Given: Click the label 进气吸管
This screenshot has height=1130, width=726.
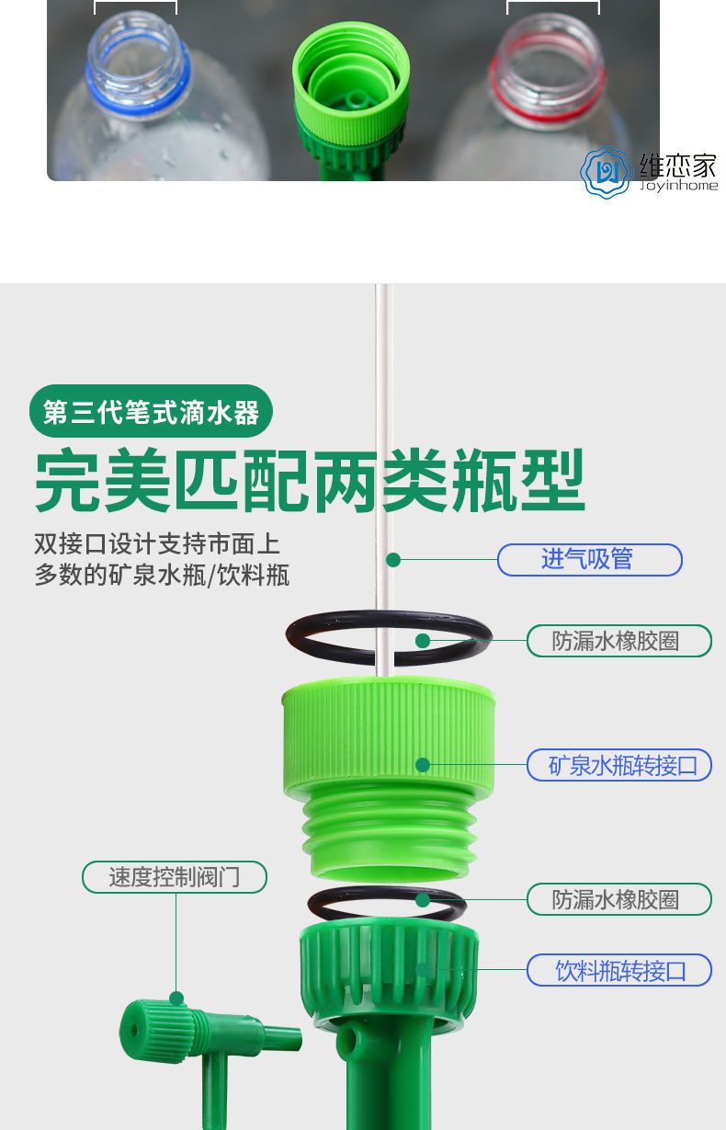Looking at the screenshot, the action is coord(589,559).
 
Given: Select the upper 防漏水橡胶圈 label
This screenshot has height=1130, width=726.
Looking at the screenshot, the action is coord(619,641).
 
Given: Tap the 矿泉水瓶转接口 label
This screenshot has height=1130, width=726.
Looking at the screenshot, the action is coord(619,765).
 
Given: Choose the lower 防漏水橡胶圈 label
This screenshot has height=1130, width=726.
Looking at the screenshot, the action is coord(619,899).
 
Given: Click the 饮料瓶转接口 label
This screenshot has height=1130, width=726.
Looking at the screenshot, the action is coord(619,970).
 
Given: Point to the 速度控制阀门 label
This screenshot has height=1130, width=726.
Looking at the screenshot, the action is coord(175,877).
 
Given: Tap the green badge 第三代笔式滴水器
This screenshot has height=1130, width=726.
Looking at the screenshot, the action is coord(151,411).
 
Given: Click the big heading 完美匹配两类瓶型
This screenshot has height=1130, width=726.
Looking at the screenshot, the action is coord(310,480).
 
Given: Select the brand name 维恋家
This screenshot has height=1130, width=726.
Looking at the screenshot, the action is coord(678,165).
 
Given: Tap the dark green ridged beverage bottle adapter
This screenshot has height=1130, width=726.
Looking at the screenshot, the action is coord(389,964).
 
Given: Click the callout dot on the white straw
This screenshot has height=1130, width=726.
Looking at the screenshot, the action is coord(393,559).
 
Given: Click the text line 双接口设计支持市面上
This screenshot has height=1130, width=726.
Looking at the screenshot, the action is coord(157,543).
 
